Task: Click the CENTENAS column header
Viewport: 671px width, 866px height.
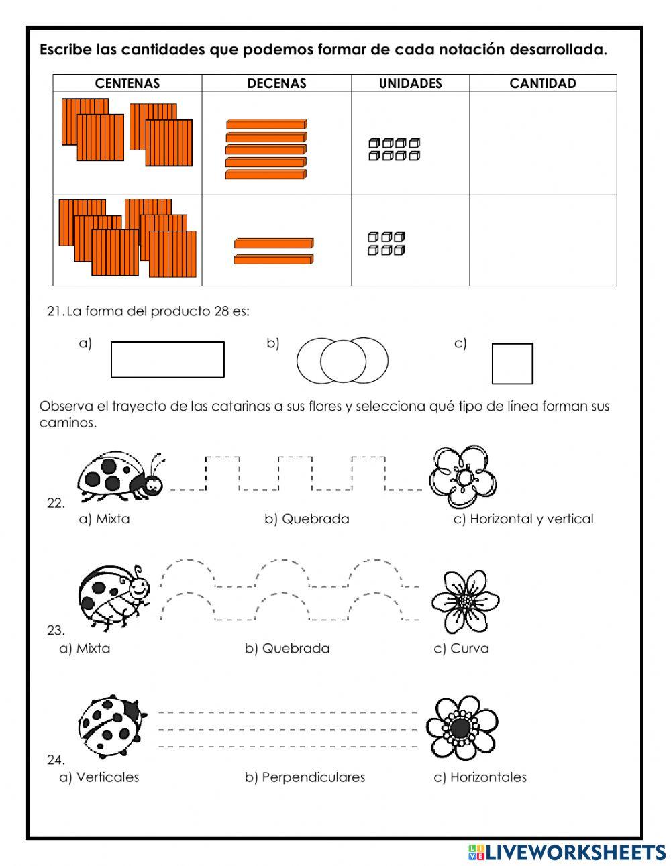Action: (x=127, y=83)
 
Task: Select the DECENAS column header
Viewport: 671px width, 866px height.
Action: (x=276, y=83)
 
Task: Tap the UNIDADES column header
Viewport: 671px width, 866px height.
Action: (x=410, y=83)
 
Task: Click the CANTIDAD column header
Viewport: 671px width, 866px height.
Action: (x=543, y=83)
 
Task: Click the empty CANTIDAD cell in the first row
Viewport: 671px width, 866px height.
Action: (x=543, y=143)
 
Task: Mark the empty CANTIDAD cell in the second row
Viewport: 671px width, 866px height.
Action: (x=543, y=240)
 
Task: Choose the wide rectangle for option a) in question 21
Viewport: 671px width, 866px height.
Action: (x=167, y=360)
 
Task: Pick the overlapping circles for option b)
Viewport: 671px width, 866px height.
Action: (x=343, y=360)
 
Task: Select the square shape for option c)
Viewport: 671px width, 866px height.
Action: (x=512, y=364)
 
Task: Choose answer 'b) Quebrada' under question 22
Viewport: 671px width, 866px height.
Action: (x=307, y=519)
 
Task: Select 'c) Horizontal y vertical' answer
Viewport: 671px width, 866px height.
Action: (x=523, y=519)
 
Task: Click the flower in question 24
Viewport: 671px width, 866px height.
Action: (x=462, y=728)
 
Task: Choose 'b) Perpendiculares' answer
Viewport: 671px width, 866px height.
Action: (x=305, y=777)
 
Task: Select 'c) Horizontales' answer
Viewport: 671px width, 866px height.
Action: (x=480, y=777)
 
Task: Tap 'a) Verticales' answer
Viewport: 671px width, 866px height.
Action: (x=99, y=777)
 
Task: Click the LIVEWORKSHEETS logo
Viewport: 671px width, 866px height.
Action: (x=567, y=852)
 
